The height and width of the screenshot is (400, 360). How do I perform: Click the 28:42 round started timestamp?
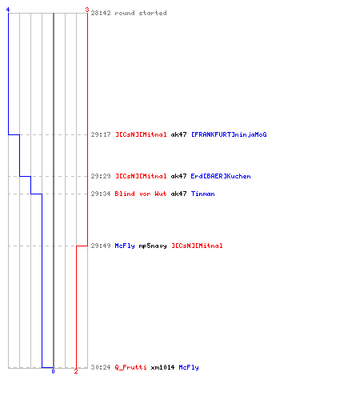click(x=101, y=13)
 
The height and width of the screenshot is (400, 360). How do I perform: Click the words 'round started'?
click(x=141, y=13)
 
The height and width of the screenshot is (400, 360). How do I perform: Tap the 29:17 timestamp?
click(x=101, y=134)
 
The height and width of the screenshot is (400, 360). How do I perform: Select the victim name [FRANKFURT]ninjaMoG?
click(x=229, y=134)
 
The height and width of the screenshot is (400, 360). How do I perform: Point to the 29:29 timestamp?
click(x=101, y=176)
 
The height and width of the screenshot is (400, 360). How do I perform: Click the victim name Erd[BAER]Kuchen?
click(x=221, y=176)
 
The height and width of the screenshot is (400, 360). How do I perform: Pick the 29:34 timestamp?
click(x=101, y=194)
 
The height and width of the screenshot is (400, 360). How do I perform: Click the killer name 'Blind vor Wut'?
click(x=141, y=194)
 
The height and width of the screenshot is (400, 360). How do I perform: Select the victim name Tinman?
click(x=202, y=194)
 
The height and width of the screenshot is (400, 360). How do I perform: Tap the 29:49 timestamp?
click(x=101, y=246)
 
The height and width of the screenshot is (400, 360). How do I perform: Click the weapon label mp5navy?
click(x=153, y=246)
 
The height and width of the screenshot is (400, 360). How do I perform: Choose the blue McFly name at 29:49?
click(x=125, y=246)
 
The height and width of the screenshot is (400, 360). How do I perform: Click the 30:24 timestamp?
click(x=101, y=367)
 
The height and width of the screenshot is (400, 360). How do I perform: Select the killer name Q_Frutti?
click(x=130, y=367)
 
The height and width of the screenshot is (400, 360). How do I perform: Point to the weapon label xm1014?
click(x=162, y=367)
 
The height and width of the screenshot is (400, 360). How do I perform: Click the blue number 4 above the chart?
click(x=8, y=10)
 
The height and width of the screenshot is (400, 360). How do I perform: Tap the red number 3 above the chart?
click(x=86, y=10)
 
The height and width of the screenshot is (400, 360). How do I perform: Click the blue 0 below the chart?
click(x=53, y=371)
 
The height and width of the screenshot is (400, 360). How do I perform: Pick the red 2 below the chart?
click(x=76, y=371)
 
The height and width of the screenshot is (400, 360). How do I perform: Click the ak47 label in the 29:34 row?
click(x=178, y=194)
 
